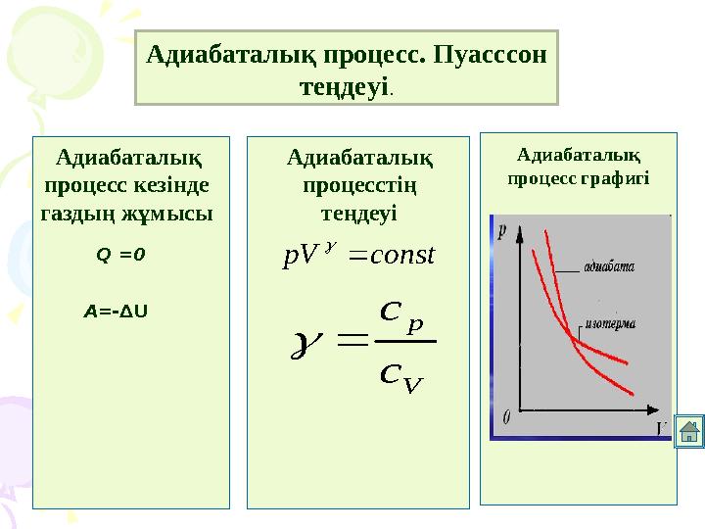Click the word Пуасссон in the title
point(490,55)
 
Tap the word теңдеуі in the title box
point(344,86)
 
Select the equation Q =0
point(120,255)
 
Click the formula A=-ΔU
point(116,312)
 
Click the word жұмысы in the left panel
point(167,213)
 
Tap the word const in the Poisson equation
point(402,255)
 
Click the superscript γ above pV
point(331,246)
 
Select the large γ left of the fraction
point(307,346)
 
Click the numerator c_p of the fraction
point(401,317)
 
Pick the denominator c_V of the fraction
point(401,378)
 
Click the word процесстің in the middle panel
point(359,185)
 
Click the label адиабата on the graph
point(609,266)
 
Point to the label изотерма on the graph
point(611,324)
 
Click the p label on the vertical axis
point(501,231)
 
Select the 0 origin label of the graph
point(507,417)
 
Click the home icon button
point(688,431)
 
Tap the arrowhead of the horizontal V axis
point(653,409)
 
